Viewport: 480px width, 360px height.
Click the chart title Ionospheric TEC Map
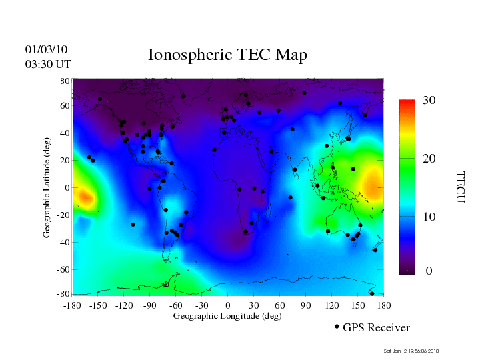click(x=227, y=55)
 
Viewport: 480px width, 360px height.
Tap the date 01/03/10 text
click(x=47, y=49)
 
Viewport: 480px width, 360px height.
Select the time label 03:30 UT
click(x=48, y=64)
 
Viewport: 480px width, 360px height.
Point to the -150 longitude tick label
click(x=98, y=305)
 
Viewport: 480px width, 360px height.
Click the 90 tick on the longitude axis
click(x=306, y=305)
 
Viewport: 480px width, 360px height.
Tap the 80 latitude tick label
click(x=65, y=81)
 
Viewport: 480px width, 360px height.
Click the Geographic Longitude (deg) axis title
click(x=227, y=316)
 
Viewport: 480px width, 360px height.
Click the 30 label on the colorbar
click(x=429, y=101)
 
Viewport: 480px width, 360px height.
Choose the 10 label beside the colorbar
click(x=429, y=217)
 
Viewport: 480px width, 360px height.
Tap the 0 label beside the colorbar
click(x=429, y=271)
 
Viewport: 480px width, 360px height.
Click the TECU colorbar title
click(x=459, y=187)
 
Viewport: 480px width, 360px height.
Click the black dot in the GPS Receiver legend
click(x=337, y=327)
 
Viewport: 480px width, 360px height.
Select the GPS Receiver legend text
click(x=376, y=328)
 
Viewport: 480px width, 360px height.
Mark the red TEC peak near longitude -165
click(x=85, y=197)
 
